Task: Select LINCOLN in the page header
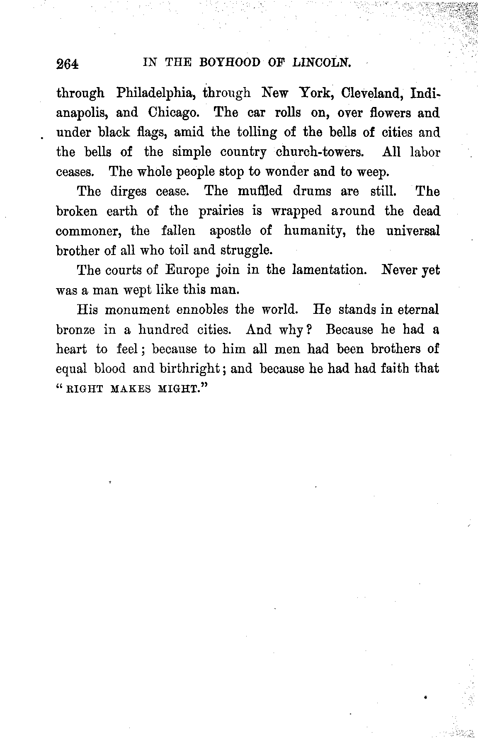(x=322, y=63)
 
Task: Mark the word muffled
(x=260, y=191)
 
